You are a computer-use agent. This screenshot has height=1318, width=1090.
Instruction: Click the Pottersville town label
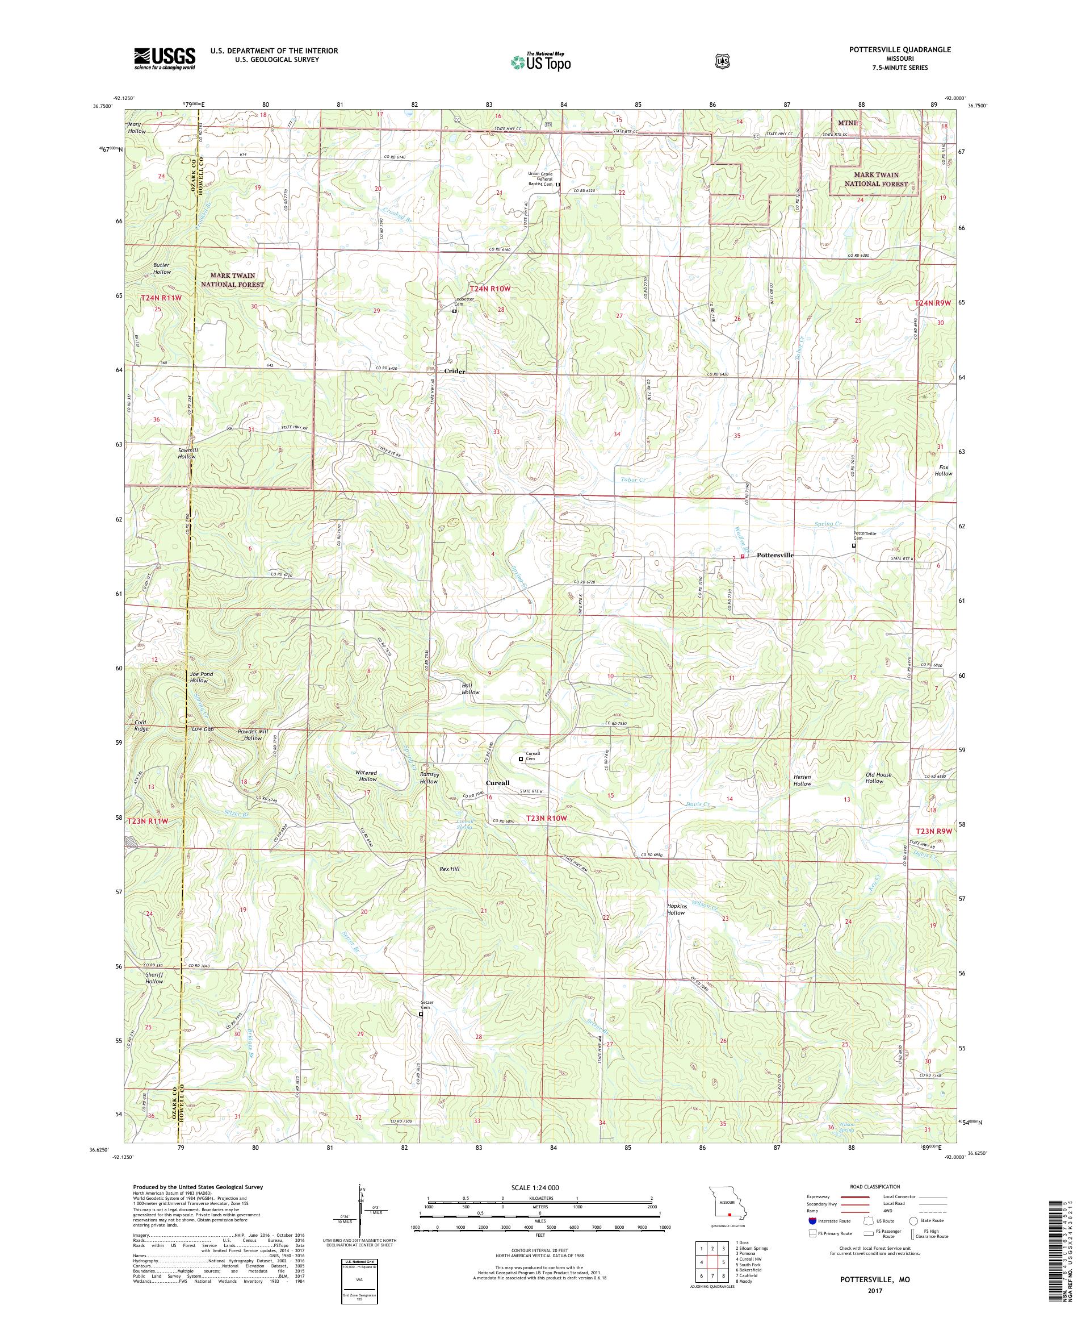pos(775,556)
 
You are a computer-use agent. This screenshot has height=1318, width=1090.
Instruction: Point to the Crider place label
pos(455,372)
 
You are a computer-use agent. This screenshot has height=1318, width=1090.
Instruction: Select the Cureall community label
pos(498,783)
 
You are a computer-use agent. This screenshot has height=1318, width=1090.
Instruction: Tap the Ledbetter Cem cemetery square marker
pos(455,311)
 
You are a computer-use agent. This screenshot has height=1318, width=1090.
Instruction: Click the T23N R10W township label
pos(546,819)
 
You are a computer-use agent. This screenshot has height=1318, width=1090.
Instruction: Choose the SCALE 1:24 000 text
pos(539,1188)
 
